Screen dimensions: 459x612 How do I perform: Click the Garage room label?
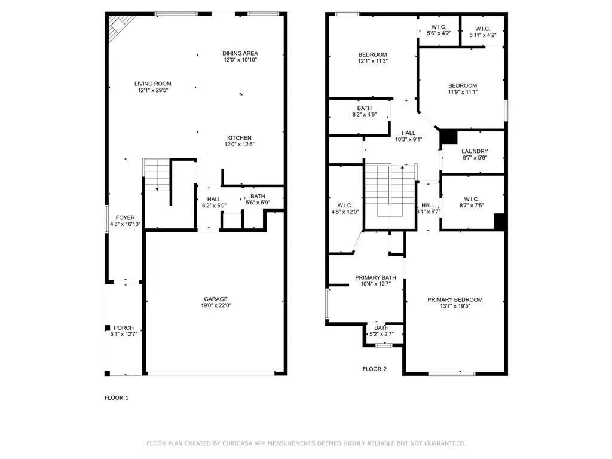(x=215, y=299)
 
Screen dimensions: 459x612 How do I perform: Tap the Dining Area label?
(x=240, y=53)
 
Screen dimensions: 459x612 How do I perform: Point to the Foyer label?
(x=125, y=218)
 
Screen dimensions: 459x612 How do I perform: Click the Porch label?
(x=124, y=328)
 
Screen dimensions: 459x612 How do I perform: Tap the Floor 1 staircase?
(x=157, y=175)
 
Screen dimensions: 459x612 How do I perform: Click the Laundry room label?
(x=475, y=151)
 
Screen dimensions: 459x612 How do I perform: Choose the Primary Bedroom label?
(x=455, y=300)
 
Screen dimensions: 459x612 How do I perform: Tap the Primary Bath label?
(x=375, y=277)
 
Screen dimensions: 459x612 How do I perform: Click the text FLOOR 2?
(x=375, y=369)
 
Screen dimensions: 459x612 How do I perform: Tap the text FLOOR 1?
(x=117, y=397)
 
